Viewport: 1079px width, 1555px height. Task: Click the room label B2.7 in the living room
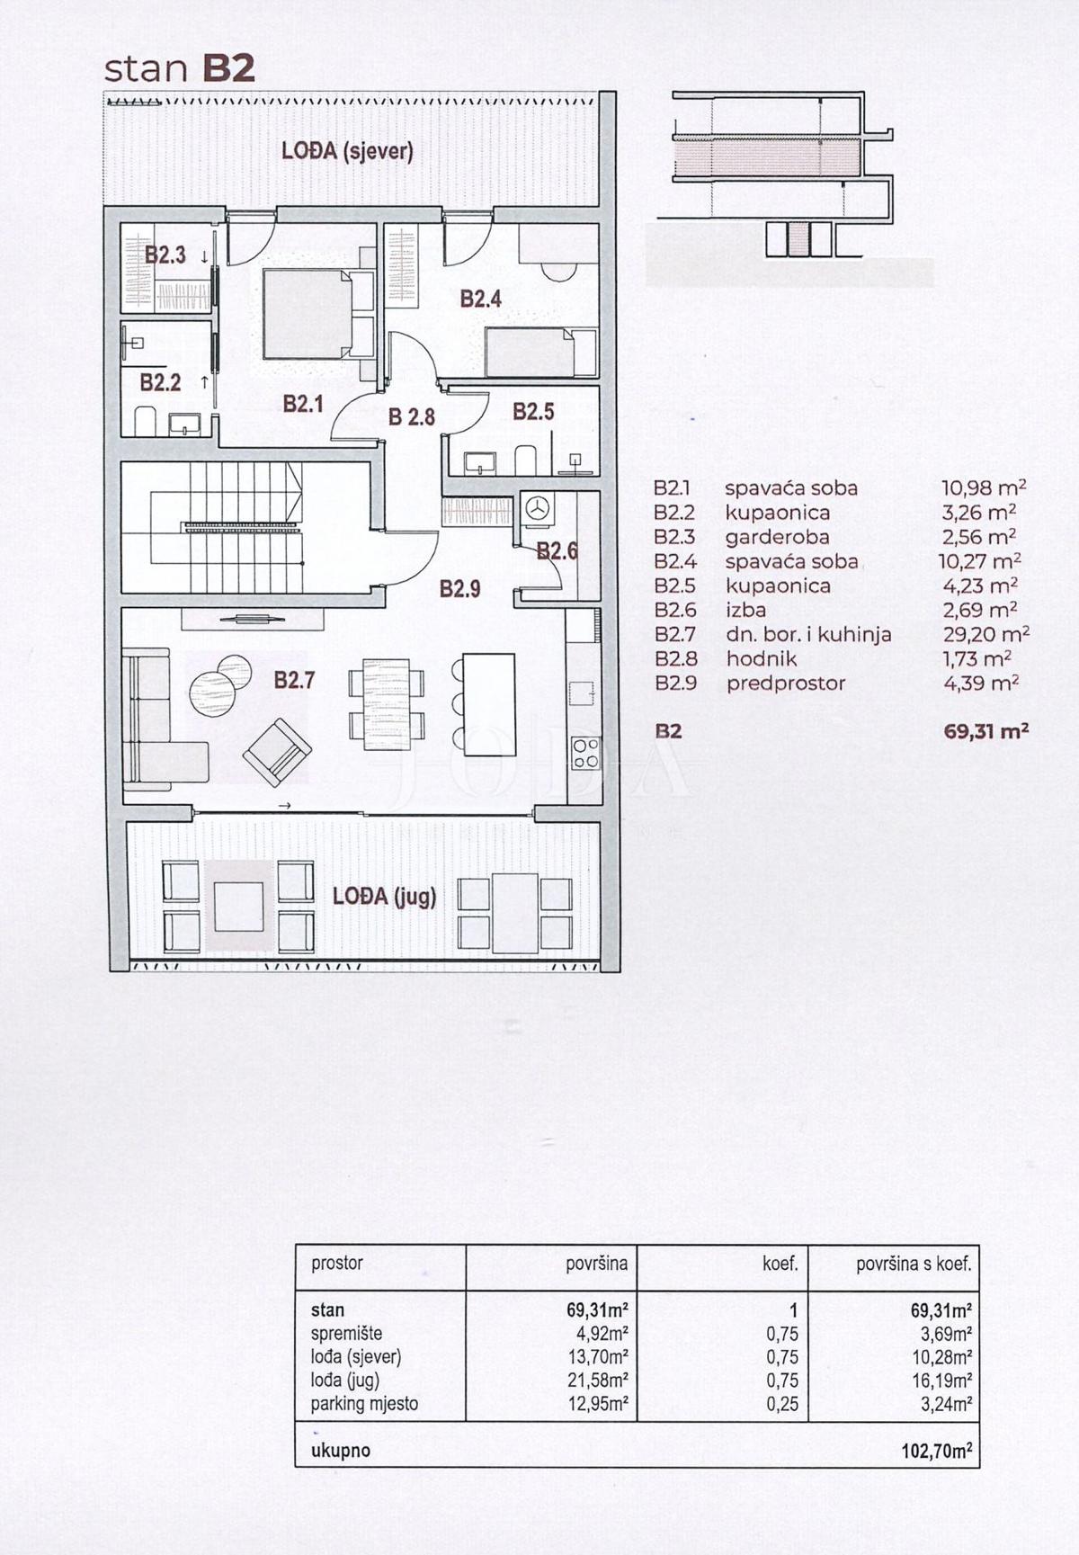[x=294, y=680]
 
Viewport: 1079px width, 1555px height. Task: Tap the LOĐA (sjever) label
[x=347, y=151]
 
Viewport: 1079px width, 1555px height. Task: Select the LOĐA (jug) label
[x=384, y=896]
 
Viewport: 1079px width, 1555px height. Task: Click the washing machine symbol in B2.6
[x=538, y=508]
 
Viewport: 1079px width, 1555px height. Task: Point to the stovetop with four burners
[x=585, y=753]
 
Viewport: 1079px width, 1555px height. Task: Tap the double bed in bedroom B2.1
[x=308, y=315]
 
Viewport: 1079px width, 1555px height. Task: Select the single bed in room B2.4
[x=530, y=353]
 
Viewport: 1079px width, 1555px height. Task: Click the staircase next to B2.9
[x=243, y=528]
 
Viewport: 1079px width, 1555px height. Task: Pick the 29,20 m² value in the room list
[x=985, y=634]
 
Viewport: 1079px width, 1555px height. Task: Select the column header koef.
[x=780, y=1264]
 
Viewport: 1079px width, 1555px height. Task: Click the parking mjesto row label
[x=364, y=1404]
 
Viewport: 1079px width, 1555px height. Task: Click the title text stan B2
[x=180, y=69]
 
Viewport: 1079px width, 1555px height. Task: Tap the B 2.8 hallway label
[x=411, y=417]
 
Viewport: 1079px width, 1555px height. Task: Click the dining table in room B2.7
[x=387, y=705]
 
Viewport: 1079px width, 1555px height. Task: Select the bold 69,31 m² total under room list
[x=985, y=731]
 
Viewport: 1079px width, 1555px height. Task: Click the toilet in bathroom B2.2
[x=145, y=420]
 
